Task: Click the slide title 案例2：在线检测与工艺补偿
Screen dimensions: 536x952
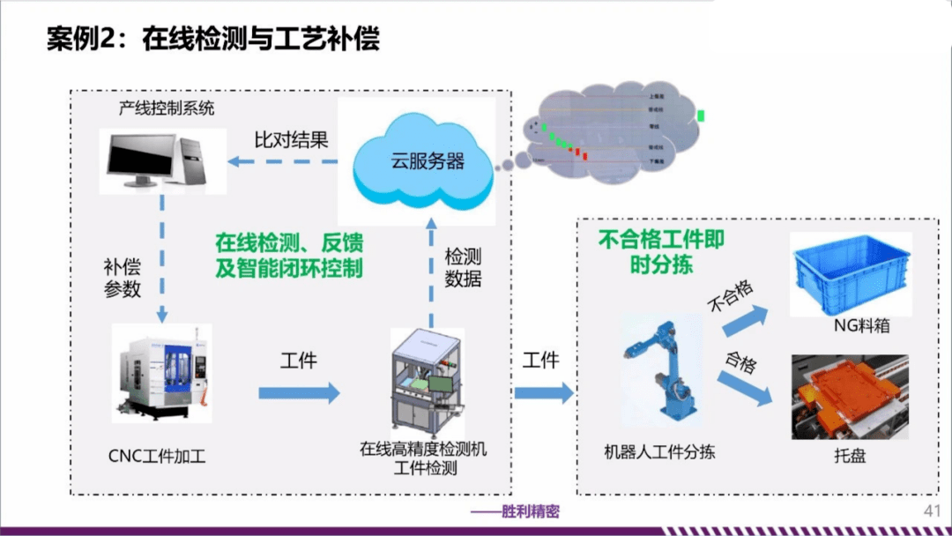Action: [x=212, y=41]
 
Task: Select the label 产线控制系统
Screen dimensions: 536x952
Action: [x=167, y=109]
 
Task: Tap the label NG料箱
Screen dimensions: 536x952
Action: [x=861, y=326]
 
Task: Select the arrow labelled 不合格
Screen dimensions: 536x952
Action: [x=745, y=317]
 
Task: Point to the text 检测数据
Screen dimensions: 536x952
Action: [x=464, y=269]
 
